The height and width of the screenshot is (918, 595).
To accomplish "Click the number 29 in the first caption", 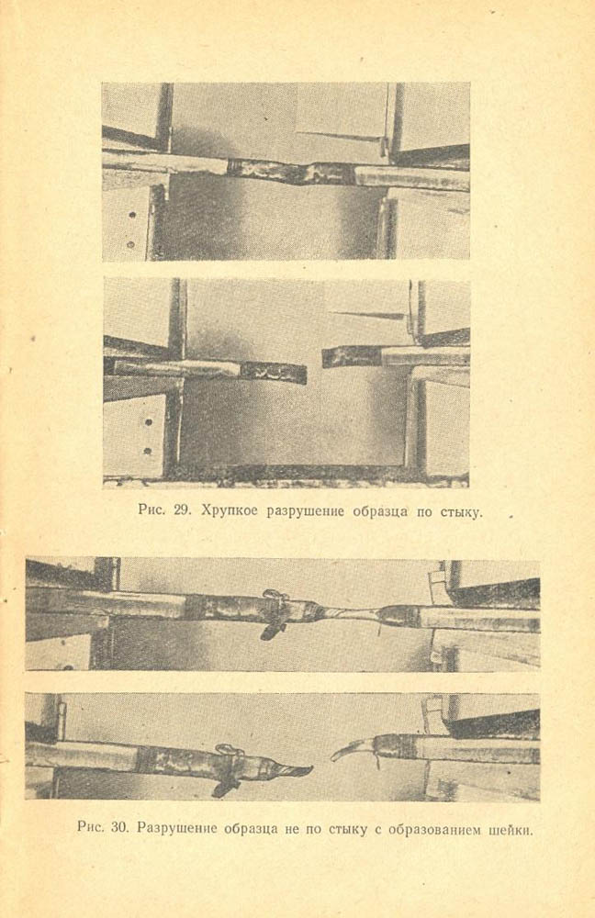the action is click(x=183, y=509).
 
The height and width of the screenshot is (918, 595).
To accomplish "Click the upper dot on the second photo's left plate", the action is click(x=148, y=421).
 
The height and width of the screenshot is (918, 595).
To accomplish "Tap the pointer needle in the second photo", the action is click(x=369, y=315).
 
